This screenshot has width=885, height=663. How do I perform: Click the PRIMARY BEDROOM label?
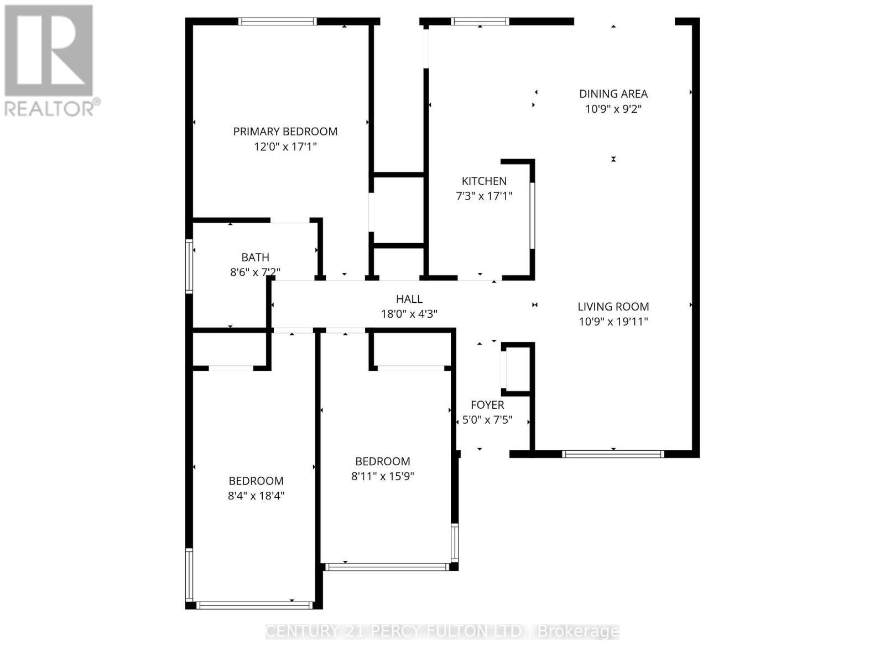click(285, 131)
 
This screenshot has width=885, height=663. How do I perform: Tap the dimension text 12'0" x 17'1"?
click(285, 147)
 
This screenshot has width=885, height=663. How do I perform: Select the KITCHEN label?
click(484, 181)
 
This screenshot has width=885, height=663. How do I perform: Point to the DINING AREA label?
click(613, 94)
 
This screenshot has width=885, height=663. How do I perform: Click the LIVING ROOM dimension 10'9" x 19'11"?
click(613, 322)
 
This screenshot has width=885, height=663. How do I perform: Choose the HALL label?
click(409, 299)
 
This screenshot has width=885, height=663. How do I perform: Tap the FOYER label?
click(487, 405)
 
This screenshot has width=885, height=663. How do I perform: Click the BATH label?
click(255, 257)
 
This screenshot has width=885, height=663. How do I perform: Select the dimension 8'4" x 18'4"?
click(256, 496)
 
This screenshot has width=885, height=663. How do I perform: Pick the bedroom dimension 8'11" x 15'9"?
click(382, 476)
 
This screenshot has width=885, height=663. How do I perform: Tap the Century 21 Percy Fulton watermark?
click(442, 631)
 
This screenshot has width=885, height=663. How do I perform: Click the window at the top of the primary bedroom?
click(278, 22)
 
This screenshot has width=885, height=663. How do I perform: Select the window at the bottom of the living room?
click(613, 454)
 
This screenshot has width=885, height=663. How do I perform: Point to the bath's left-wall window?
click(189, 266)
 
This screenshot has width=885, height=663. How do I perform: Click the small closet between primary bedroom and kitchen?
click(398, 211)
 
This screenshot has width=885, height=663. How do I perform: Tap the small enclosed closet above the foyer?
click(518, 369)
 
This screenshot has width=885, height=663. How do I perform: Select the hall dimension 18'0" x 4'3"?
click(409, 314)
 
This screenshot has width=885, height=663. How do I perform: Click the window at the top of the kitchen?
click(480, 22)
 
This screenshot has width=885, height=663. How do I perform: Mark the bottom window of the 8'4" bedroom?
click(254, 606)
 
